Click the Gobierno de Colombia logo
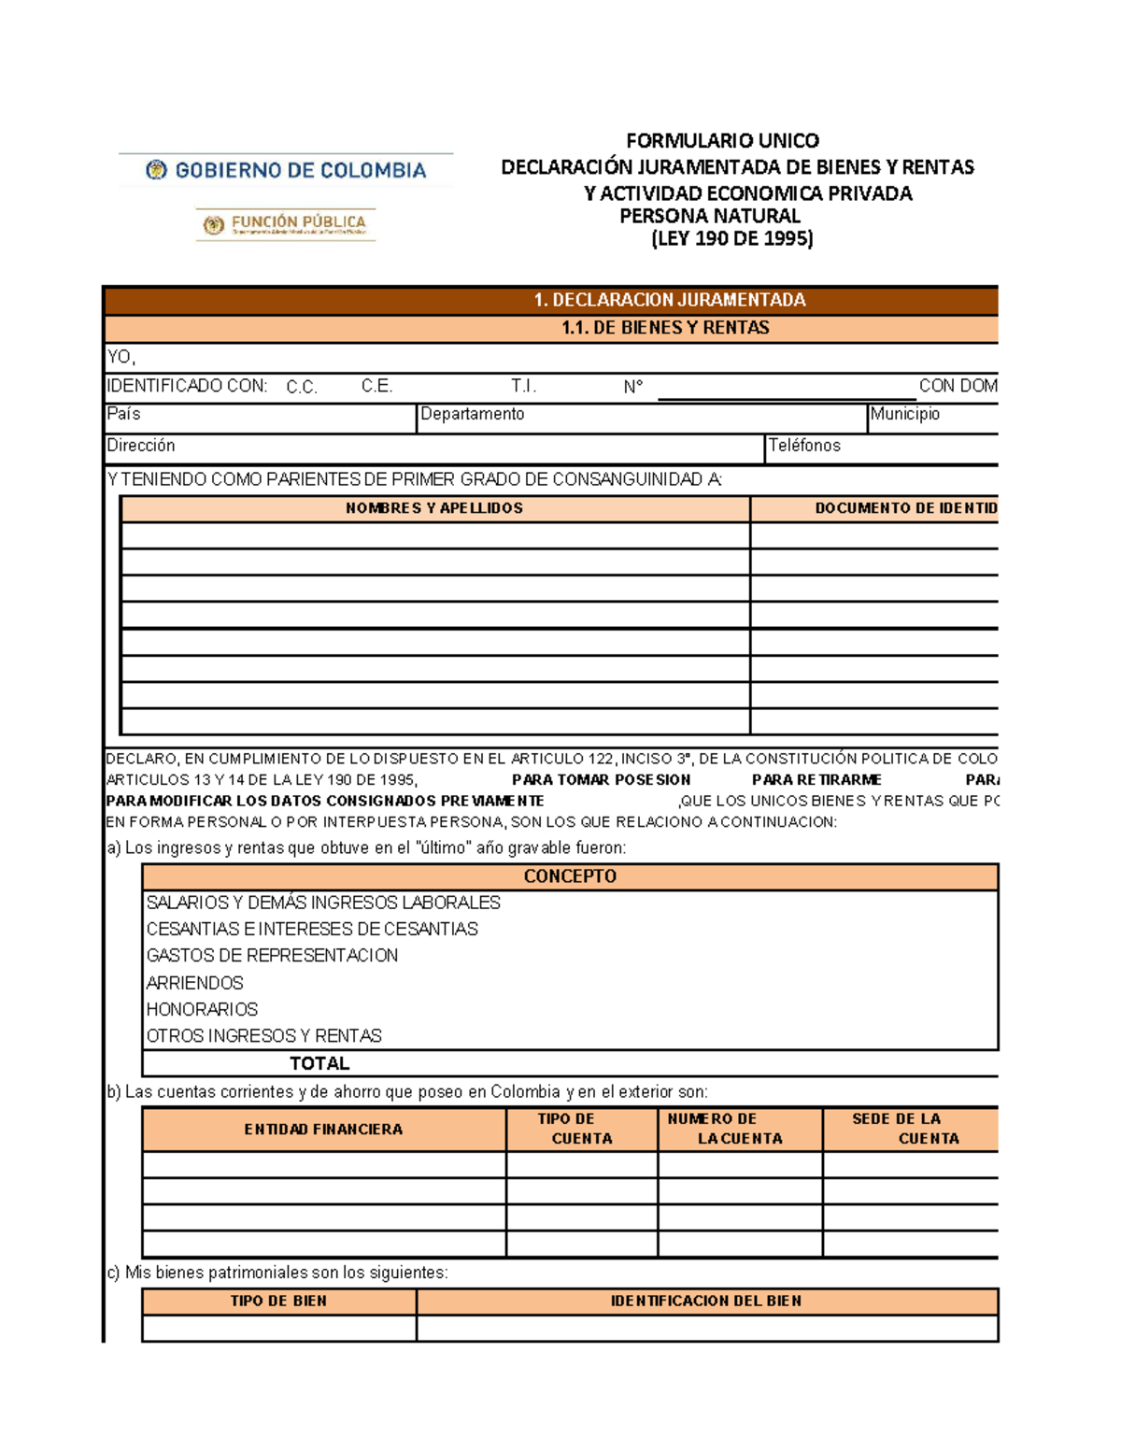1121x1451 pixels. tap(286, 170)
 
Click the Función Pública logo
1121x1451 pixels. tap(286, 224)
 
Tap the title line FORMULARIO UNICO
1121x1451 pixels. tap(722, 141)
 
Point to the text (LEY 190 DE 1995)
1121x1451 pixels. tap(731, 238)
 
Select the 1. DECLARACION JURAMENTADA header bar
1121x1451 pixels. tap(669, 300)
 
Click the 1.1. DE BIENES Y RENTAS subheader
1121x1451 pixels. tap(665, 328)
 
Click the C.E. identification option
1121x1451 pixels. tap(376, 386)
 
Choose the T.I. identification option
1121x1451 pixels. tap(523, 386)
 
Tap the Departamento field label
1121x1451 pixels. tap(472, 414)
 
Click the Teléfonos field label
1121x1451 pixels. tap(803, 446)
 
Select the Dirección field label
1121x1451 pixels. tap(141, 446)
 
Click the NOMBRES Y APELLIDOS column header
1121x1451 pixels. tap(434, 508)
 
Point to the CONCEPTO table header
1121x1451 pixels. tap(570, 876)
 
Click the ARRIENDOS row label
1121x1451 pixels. tap(194, 983)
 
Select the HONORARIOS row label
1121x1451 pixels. tap(202, 1009)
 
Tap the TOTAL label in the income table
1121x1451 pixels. tap(319, 1063)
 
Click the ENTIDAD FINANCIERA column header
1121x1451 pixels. tap(323, 1130)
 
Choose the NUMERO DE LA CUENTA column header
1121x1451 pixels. tap(726, 1129)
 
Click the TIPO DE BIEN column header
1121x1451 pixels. tap(278, 1301)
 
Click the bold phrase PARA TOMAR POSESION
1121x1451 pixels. tap(601, 779)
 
